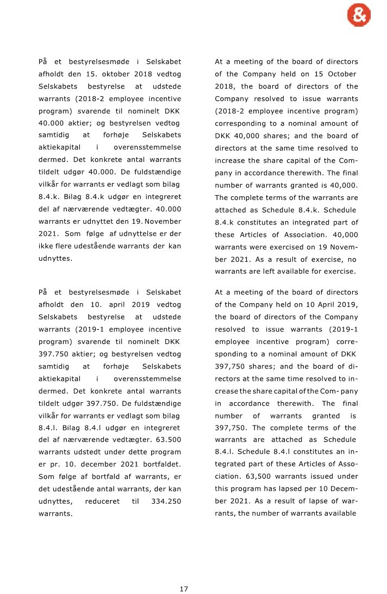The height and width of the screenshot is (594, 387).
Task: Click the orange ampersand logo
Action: click(359, 16)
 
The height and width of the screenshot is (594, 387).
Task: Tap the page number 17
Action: click(184, 589)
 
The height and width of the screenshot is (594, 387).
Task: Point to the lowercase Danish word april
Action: click(120, 304)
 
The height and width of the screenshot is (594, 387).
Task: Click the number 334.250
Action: click(166, 501)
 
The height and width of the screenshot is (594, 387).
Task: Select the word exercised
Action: click(284, 247)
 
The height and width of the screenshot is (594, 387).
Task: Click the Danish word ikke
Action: click(46, 247)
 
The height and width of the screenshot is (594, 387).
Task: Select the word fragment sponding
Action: click(233, 353)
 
